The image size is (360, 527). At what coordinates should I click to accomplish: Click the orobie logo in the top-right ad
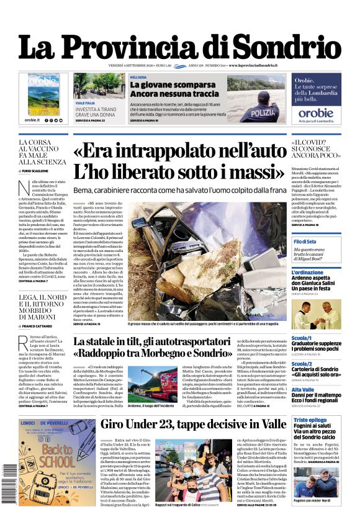(x=316, y=113)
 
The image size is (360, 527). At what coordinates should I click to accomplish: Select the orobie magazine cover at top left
(x=43, y=94)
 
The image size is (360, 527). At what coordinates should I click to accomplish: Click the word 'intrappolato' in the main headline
(x=186, y=152)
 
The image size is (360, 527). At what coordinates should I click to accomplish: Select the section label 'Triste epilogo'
(x=310, y=420)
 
